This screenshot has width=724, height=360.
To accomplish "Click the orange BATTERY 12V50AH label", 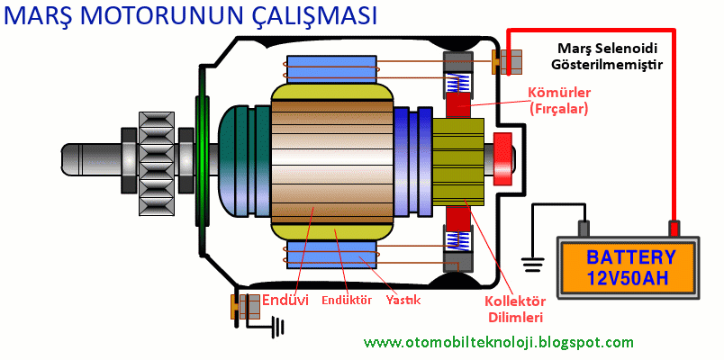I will point(630,266).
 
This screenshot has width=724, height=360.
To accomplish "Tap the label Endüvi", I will point(285,300).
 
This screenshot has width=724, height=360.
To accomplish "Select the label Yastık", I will point(403,300).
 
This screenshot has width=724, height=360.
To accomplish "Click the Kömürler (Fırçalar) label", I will point(558,101).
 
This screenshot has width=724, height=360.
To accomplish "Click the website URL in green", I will point(499,343).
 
